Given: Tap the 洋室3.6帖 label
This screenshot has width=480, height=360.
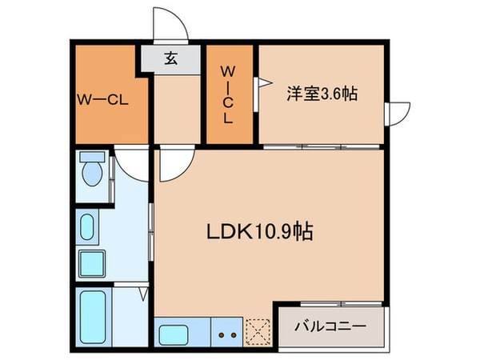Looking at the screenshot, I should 322,94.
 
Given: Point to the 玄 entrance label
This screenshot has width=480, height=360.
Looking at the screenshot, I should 171,58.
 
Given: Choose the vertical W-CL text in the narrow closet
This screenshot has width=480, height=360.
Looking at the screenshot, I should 228,94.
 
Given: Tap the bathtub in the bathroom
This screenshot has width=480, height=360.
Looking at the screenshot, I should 94,314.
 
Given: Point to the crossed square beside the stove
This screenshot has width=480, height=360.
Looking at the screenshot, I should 260,330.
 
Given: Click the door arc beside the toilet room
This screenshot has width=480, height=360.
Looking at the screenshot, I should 130,164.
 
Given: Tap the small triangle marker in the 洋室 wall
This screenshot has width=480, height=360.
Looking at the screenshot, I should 258,81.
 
